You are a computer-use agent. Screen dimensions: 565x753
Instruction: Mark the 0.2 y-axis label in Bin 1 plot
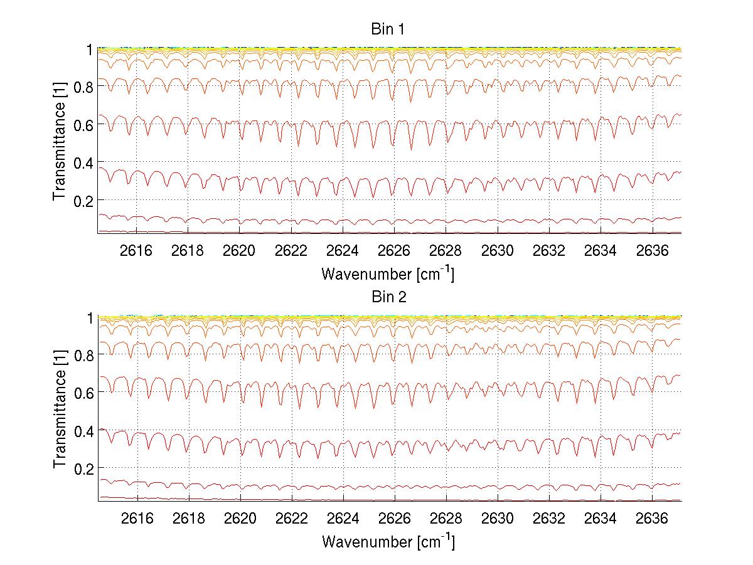click(x=82, y=200)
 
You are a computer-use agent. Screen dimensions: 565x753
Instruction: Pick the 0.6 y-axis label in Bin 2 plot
click(x=82, y=393)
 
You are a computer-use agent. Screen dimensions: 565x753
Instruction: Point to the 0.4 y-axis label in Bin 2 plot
click(x=82, y=431)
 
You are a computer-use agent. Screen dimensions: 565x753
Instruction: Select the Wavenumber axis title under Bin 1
click(x=388, y=274)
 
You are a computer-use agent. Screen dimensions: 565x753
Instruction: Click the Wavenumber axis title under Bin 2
click(x=388, y=541)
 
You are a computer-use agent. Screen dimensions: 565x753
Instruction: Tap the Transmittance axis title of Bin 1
click(x=60, y=142)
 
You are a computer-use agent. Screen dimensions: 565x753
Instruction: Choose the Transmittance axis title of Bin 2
click(x=60, y=409)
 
